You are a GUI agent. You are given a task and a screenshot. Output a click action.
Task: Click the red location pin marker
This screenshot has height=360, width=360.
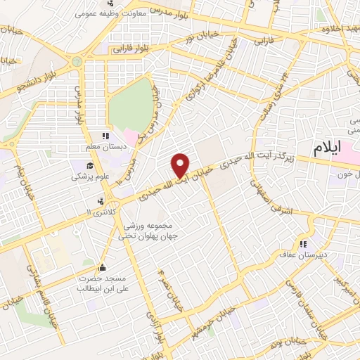[x=181, y=165]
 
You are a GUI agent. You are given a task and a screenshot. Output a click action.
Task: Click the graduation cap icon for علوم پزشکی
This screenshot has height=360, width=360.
[x=90, y=166]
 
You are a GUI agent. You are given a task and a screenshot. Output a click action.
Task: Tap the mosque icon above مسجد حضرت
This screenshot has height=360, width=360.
[x=103, y=267]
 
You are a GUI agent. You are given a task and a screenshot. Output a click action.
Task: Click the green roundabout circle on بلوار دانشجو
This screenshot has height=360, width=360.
[x=77, y=62]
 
